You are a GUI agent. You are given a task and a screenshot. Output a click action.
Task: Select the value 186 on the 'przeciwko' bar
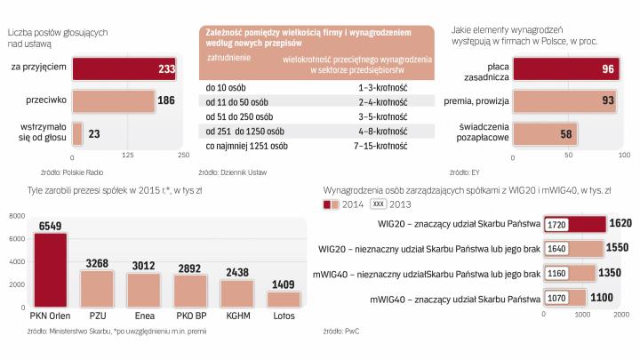point(166,100)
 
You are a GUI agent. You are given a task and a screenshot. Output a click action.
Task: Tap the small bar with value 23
point(77,133)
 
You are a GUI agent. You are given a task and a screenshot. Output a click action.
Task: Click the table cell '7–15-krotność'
point(382,146)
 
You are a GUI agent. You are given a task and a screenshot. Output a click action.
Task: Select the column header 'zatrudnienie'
point(229,57)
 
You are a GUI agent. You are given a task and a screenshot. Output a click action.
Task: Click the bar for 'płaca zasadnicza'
point(569,68)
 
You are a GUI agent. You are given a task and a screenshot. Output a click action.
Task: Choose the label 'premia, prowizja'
point(476,100)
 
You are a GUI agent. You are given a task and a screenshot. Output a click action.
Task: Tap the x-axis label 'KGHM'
point(236,316)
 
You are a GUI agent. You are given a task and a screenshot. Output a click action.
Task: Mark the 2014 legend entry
point(342,204)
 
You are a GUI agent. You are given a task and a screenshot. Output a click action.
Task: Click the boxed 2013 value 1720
point(558,224)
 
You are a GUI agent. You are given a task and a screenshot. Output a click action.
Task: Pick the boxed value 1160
point(558,273)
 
